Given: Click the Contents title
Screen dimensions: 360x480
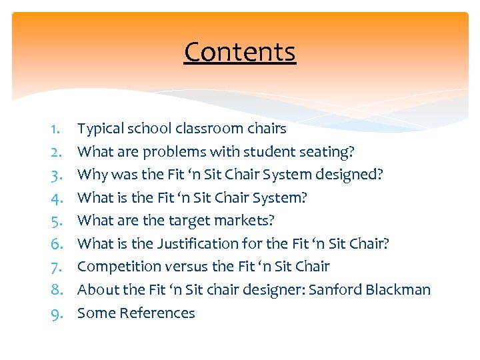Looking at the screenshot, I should (x=240, y=52).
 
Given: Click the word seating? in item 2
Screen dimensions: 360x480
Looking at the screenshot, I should (x=325, y=151).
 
